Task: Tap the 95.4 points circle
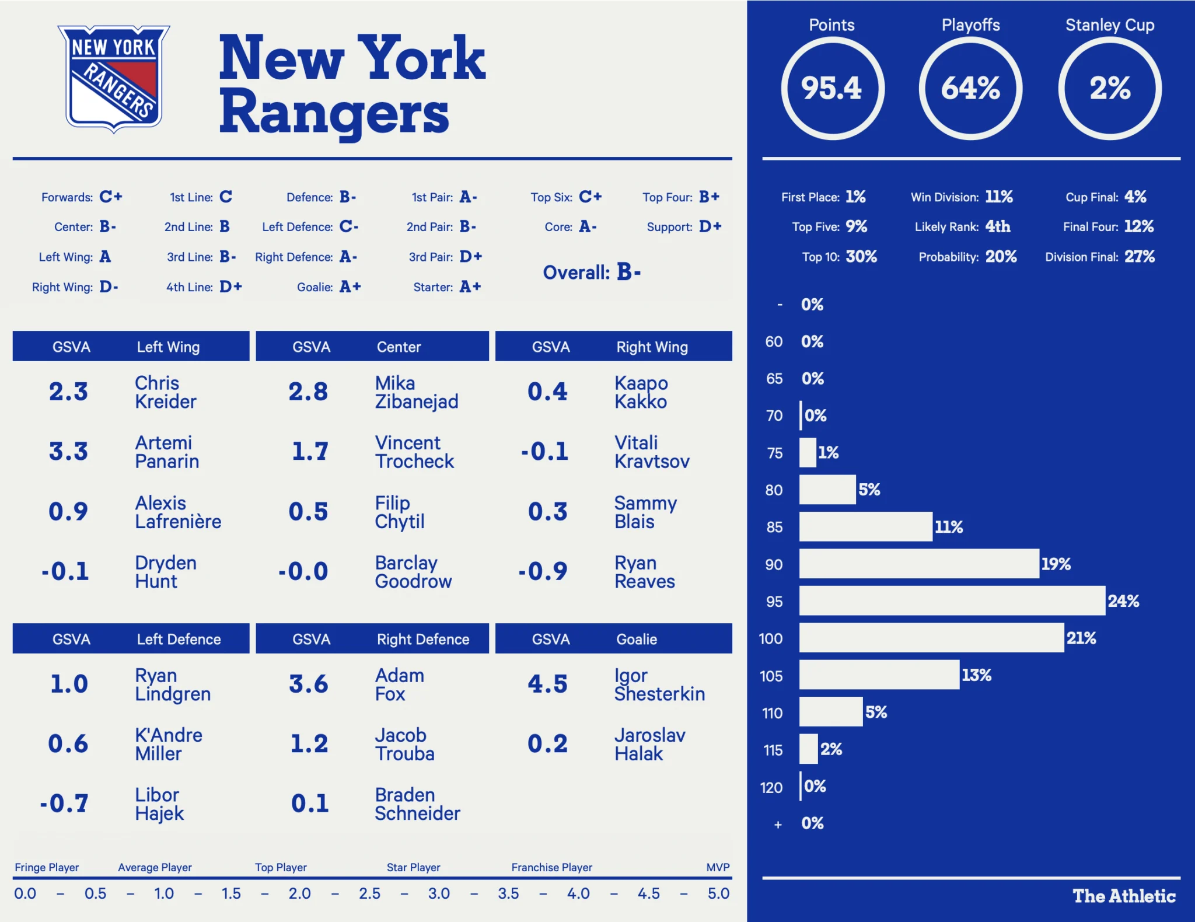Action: (832, 89)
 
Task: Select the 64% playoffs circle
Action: (970, 89)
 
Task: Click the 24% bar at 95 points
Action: (952, 601)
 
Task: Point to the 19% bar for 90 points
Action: (919, 564)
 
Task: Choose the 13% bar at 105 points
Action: (879, 675)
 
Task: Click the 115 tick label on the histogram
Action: (773, 750)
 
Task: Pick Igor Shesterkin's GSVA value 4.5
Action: (547, 684)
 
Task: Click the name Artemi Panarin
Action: (167, 452)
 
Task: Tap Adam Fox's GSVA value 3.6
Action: (309, 684)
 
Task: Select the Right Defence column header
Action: (423, 640)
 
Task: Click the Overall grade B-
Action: (628, 273)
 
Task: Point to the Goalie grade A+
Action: (350, 287)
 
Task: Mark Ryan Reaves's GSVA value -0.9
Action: (543, 571)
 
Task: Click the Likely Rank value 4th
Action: (998, 226)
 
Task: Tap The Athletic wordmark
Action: (1124, 896)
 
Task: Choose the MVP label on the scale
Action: (718, 868)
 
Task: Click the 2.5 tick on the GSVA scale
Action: (369, 893)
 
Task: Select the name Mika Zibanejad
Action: (417, 393)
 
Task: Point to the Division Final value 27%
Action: (1140, 257)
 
